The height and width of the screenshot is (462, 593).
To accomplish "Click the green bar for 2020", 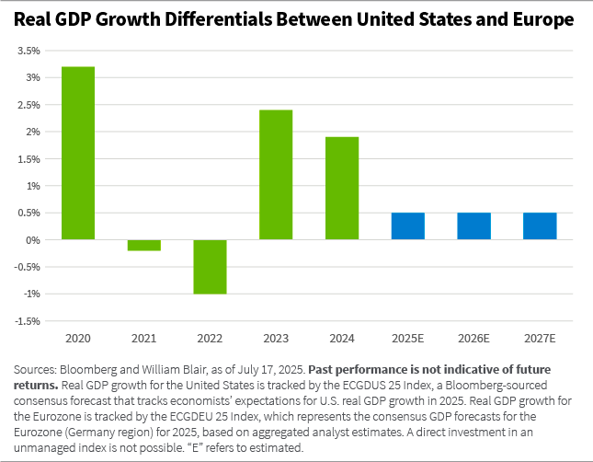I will click(x=78, y=153).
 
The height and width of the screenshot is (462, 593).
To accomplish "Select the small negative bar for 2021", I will click(x=144, y=245).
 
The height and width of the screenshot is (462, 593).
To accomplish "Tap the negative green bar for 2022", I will click(x=210, y=267).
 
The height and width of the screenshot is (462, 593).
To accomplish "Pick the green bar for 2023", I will click(x=276, y=175).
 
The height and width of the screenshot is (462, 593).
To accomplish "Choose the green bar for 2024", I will click(x=342, y=188).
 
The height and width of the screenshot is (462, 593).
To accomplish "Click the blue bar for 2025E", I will click(x=407, y=226).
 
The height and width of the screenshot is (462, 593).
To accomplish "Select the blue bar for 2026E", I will click(x=473, y=226).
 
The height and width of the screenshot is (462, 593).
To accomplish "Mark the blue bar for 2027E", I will click(x=540, y=226).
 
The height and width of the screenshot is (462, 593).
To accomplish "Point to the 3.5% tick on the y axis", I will click(x=29, y=51).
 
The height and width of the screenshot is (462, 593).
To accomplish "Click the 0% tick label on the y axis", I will click(x=33, y=240).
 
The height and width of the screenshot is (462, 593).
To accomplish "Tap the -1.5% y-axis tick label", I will click(x=27, y=321).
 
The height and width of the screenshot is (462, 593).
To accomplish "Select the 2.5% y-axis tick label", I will click(x=29, y=105).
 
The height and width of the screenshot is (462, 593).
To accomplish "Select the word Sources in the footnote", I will click(x=35, y=368).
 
